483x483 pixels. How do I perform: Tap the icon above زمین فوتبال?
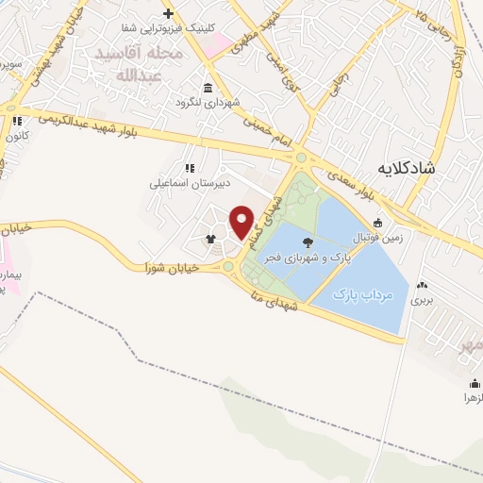coord(377,224)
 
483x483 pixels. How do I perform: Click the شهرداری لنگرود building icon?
coord(207,88)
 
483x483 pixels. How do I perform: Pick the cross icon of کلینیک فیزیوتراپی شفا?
coord(168,13)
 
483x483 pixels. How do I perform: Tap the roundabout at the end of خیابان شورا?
coord(229,267)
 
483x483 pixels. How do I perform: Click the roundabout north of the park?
coord(301,158)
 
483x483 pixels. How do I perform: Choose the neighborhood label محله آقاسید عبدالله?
coord(138,64)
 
